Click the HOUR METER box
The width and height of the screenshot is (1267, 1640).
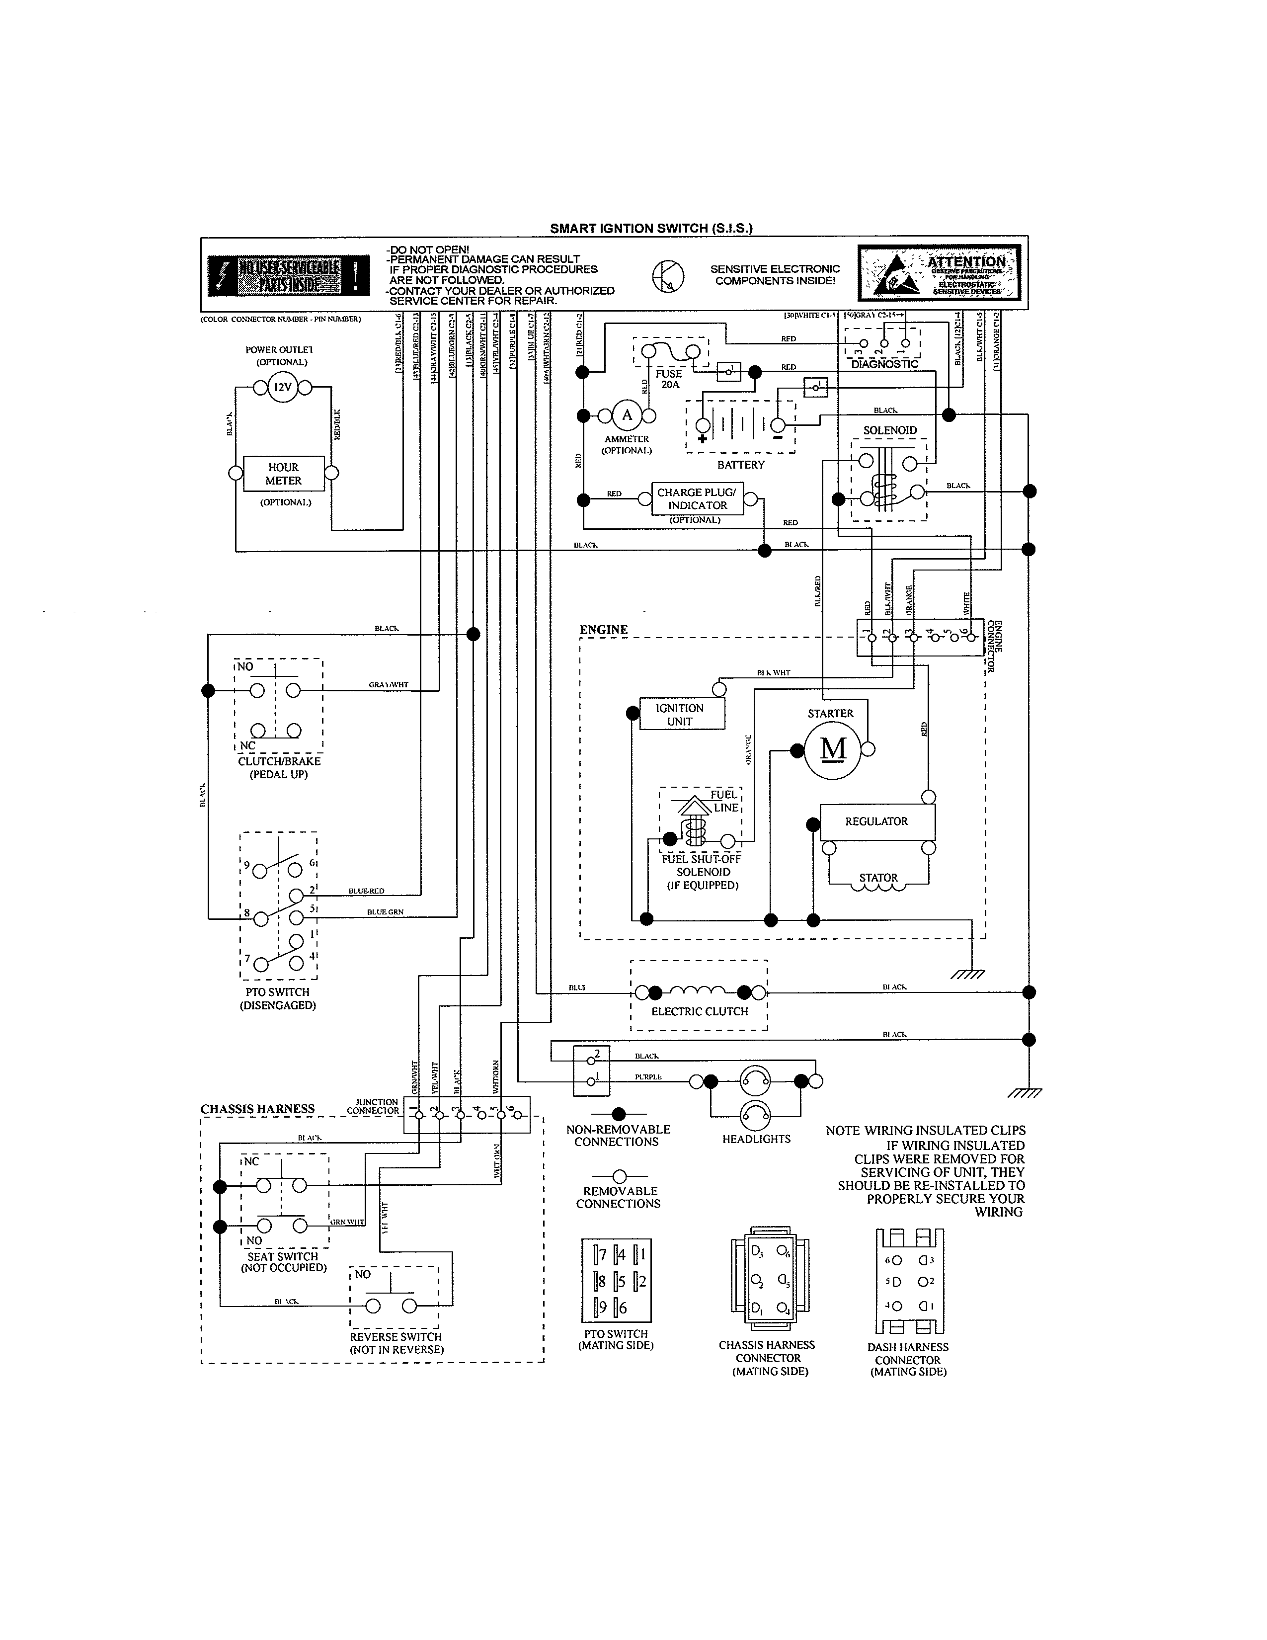click(283, 474)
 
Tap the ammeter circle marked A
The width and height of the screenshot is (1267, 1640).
click(627, 416)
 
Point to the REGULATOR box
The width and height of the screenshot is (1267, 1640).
click(876, 821)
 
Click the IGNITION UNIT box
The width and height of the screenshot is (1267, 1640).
click(680, 715)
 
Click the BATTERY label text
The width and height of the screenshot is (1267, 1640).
click(740, 465)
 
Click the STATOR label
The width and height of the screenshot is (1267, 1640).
click(878, 877)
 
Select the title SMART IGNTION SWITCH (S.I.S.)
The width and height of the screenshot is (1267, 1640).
click(651, 228)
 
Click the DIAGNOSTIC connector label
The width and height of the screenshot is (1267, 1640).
click(884, 364)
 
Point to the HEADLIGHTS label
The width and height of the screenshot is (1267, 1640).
click(756, 1139)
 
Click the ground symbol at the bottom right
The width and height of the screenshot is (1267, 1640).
click(1024, 1093)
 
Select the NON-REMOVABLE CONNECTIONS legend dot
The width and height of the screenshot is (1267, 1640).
click(619, 1114)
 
